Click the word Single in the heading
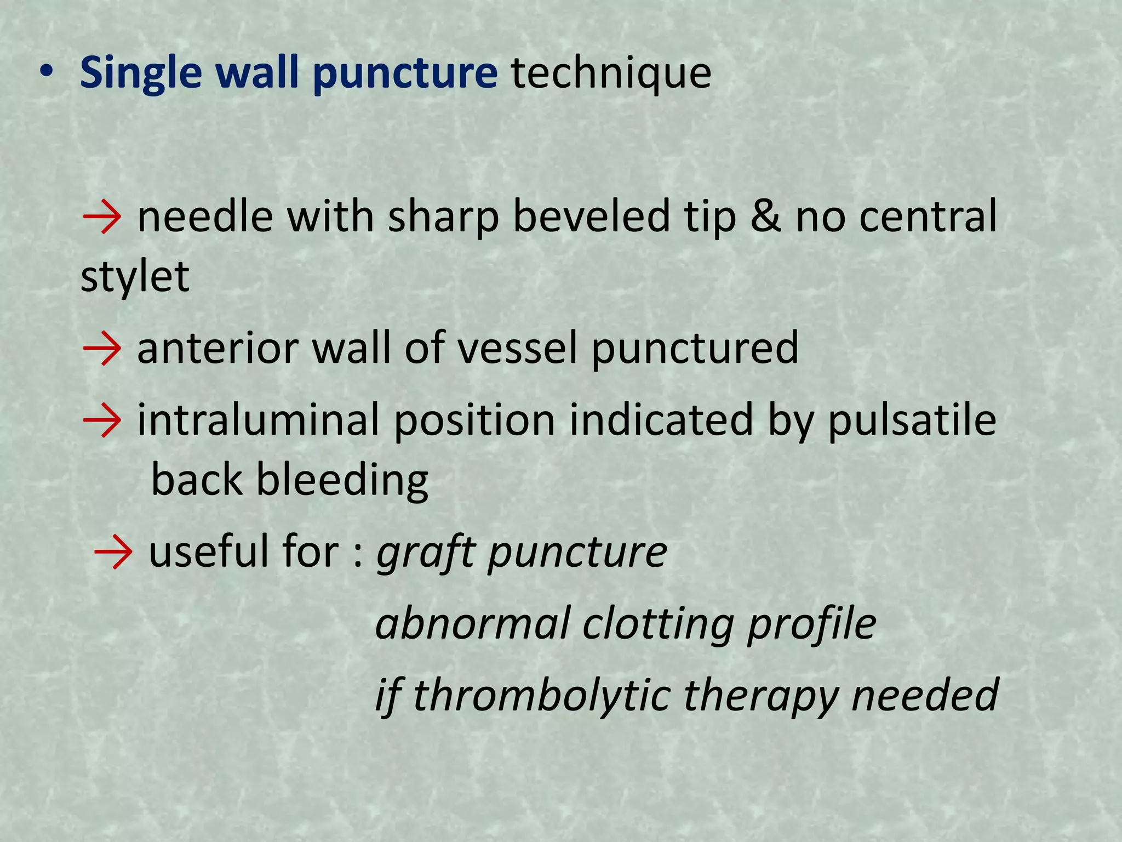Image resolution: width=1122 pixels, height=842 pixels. click(x=141, y=73)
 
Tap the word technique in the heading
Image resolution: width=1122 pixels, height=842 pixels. click(x=611, y=73)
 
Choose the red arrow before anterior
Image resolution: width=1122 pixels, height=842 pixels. click(x=102, y=349)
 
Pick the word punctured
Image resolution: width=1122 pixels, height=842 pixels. click(x=695, y=349)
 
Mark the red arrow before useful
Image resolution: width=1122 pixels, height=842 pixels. click(x=113, y=552)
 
